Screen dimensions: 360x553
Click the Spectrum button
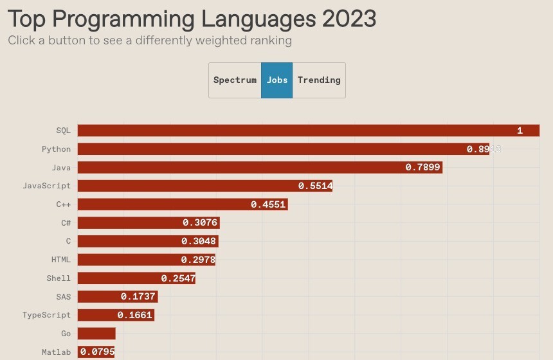click(x=235, y=80)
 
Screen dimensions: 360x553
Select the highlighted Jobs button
click(x=277, y=80)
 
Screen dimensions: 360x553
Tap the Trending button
click(x=319, y=80)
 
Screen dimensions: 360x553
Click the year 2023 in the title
click(x=349, y=19)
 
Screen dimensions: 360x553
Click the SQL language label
click(x=63, y=130)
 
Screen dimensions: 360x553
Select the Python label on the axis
click(x=56, y=149)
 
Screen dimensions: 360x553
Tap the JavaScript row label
click(x=46, y=186)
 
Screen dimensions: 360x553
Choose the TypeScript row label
click(x=46, y=315)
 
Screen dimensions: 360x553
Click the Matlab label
click(x=56, y=352)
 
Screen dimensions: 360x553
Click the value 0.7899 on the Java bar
click(x=422, y=168)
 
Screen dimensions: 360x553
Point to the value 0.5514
click(x=315, y=186)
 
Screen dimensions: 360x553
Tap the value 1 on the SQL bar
click(x=520, y=130)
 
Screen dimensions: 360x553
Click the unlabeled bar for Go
click(x=96, y=334)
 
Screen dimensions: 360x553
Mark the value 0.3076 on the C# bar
click(x=200, y=223)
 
